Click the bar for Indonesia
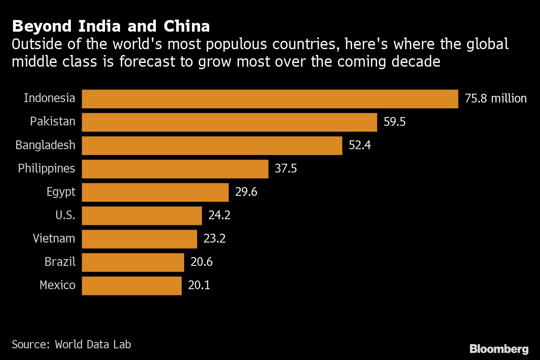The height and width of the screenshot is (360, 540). pos(270,99)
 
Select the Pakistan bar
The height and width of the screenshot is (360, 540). pos(229,122)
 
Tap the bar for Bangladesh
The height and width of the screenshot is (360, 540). pos(212,145)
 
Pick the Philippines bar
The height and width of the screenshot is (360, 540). pos(175,169)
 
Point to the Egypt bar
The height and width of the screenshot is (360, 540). pos(155,192)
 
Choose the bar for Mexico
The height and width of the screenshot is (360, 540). pos(132,285)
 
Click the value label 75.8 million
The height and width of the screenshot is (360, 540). pos(496,99)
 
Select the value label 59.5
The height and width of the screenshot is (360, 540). pos(395,122)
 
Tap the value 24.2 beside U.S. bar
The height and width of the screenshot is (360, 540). pos(219,215)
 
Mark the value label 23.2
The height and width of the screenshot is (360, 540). pos(215,239)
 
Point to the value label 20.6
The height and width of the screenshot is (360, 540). pos(202,262)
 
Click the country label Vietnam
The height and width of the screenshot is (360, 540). pos(54,239)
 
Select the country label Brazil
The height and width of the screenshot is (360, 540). pos(60,262)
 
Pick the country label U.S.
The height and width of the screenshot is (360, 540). pos(65,215)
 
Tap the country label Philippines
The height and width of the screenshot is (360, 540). pos(47,169)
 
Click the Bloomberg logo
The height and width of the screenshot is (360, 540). pos(499,349)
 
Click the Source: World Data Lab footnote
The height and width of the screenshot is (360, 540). pos(71,345)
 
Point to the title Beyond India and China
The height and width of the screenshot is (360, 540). pos(111,27)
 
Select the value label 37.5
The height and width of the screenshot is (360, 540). pos(286,169)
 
